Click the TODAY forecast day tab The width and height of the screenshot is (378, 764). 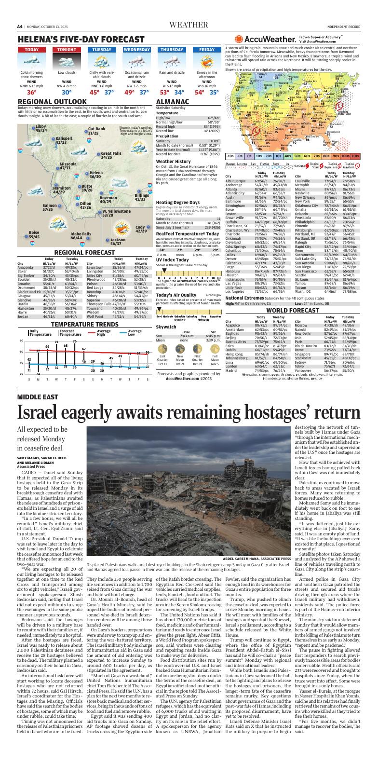tap(31, 50)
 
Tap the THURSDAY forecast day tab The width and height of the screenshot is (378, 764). tap(172, 50)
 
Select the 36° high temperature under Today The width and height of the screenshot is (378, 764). tap(31, 92)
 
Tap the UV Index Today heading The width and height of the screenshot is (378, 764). tap(173, 259)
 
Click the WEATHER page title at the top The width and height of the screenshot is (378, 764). tap(189, 26)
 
